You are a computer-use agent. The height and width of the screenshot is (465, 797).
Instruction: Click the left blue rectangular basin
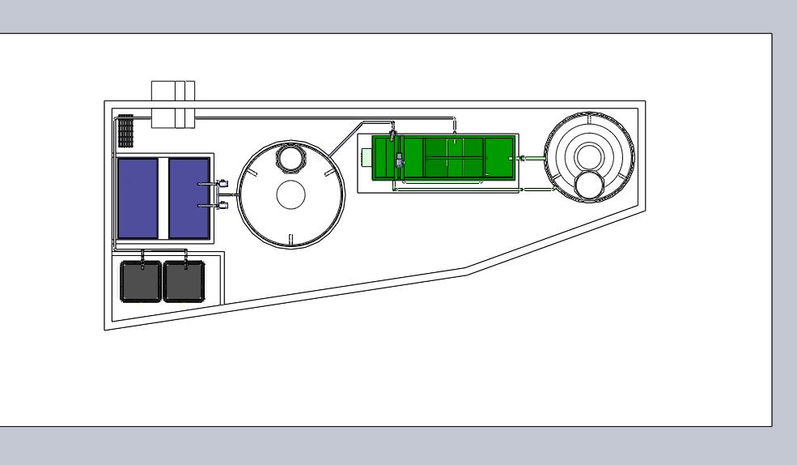(138, 196)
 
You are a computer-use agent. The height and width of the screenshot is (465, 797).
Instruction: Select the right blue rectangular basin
(189, 196)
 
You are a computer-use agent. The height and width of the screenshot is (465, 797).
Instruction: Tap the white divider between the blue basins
(163, 197)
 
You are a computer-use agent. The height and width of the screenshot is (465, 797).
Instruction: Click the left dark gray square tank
(140, 281)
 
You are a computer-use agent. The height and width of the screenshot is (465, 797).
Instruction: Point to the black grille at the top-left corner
(125, 128)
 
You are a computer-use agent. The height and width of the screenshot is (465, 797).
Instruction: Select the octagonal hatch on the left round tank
(289, 156)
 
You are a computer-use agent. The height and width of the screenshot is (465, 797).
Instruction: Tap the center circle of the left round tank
(290, 194)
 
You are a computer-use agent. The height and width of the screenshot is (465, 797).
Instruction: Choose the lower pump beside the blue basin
(222, 207)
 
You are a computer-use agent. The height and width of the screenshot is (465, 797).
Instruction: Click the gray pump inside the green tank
(400, 161)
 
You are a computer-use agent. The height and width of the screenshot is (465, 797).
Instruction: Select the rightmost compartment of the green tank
(498, 157)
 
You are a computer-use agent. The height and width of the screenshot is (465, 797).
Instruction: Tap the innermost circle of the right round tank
(587, 152)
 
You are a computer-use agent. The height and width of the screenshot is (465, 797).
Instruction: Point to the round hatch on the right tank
(588, 185)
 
